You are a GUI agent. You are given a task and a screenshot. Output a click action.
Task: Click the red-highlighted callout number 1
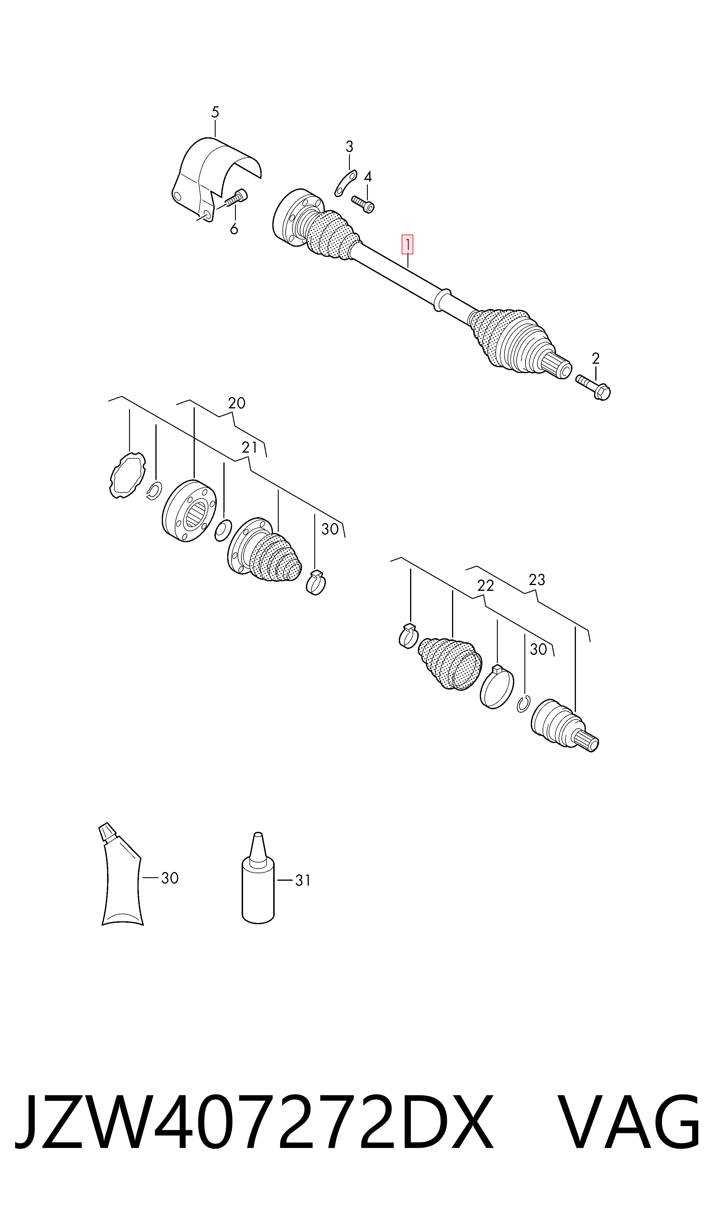click(x=407, y=244)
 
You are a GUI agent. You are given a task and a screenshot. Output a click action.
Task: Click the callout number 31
click(x=303, y=881)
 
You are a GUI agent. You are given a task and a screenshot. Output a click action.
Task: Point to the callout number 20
click(x=237, y=403)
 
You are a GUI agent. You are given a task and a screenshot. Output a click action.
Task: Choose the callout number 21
click(x=250, y=448)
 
